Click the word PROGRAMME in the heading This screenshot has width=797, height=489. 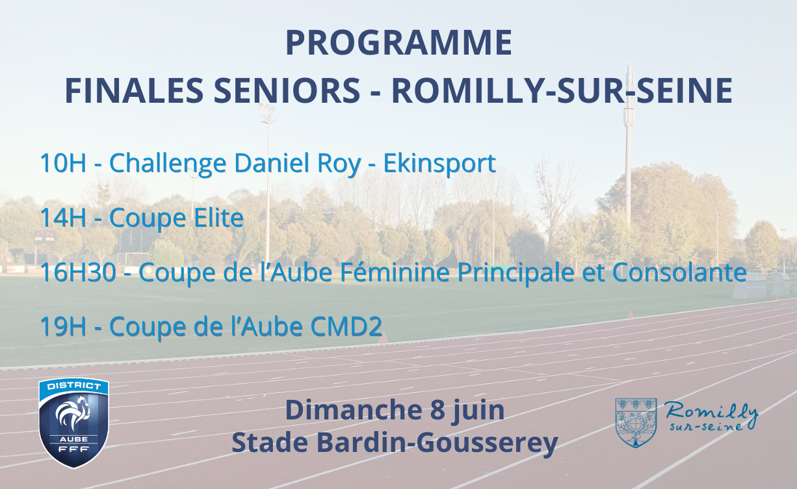tap(398, 43)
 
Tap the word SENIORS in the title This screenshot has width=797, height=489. tap(287, 90)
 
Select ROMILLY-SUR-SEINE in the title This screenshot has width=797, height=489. tap(562, 90)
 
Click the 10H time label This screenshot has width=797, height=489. tap(63, 163)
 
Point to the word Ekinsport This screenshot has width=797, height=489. tap(439, 164)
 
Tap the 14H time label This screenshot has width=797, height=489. tap(63, 217)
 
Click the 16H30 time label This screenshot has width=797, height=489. tap(78, 272)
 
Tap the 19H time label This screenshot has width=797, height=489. tap(63, 326)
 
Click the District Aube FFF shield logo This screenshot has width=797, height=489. tap(73, 423)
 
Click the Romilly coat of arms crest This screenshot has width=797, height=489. tap(636, 423)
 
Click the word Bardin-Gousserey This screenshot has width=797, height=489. tap(437, 443)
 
